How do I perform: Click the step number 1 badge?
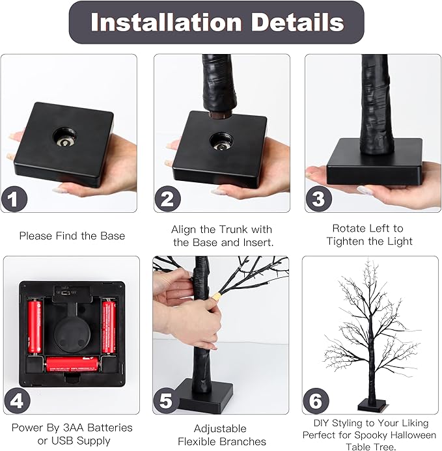[x=14, y=199]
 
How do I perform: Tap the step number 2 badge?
[x=168, y=199]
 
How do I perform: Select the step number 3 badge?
[x=318, y=199]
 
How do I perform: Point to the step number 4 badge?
[x=18, y=401]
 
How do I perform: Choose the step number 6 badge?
[x=316, y=401]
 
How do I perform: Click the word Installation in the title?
[x=166, y=22]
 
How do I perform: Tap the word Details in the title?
[x=297, y=22]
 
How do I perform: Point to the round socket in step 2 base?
[x=221, y=142]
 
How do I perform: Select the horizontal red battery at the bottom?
[x=73, y=364]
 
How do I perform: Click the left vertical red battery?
[x=35, y=327]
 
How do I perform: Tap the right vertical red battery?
[x=109, y=327]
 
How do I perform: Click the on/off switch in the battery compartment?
[x=66, y=293]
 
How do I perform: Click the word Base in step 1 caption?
[x=113, y=236]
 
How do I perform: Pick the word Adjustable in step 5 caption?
[x=220, y=429]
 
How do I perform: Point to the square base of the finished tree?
[x=372, y=405]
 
